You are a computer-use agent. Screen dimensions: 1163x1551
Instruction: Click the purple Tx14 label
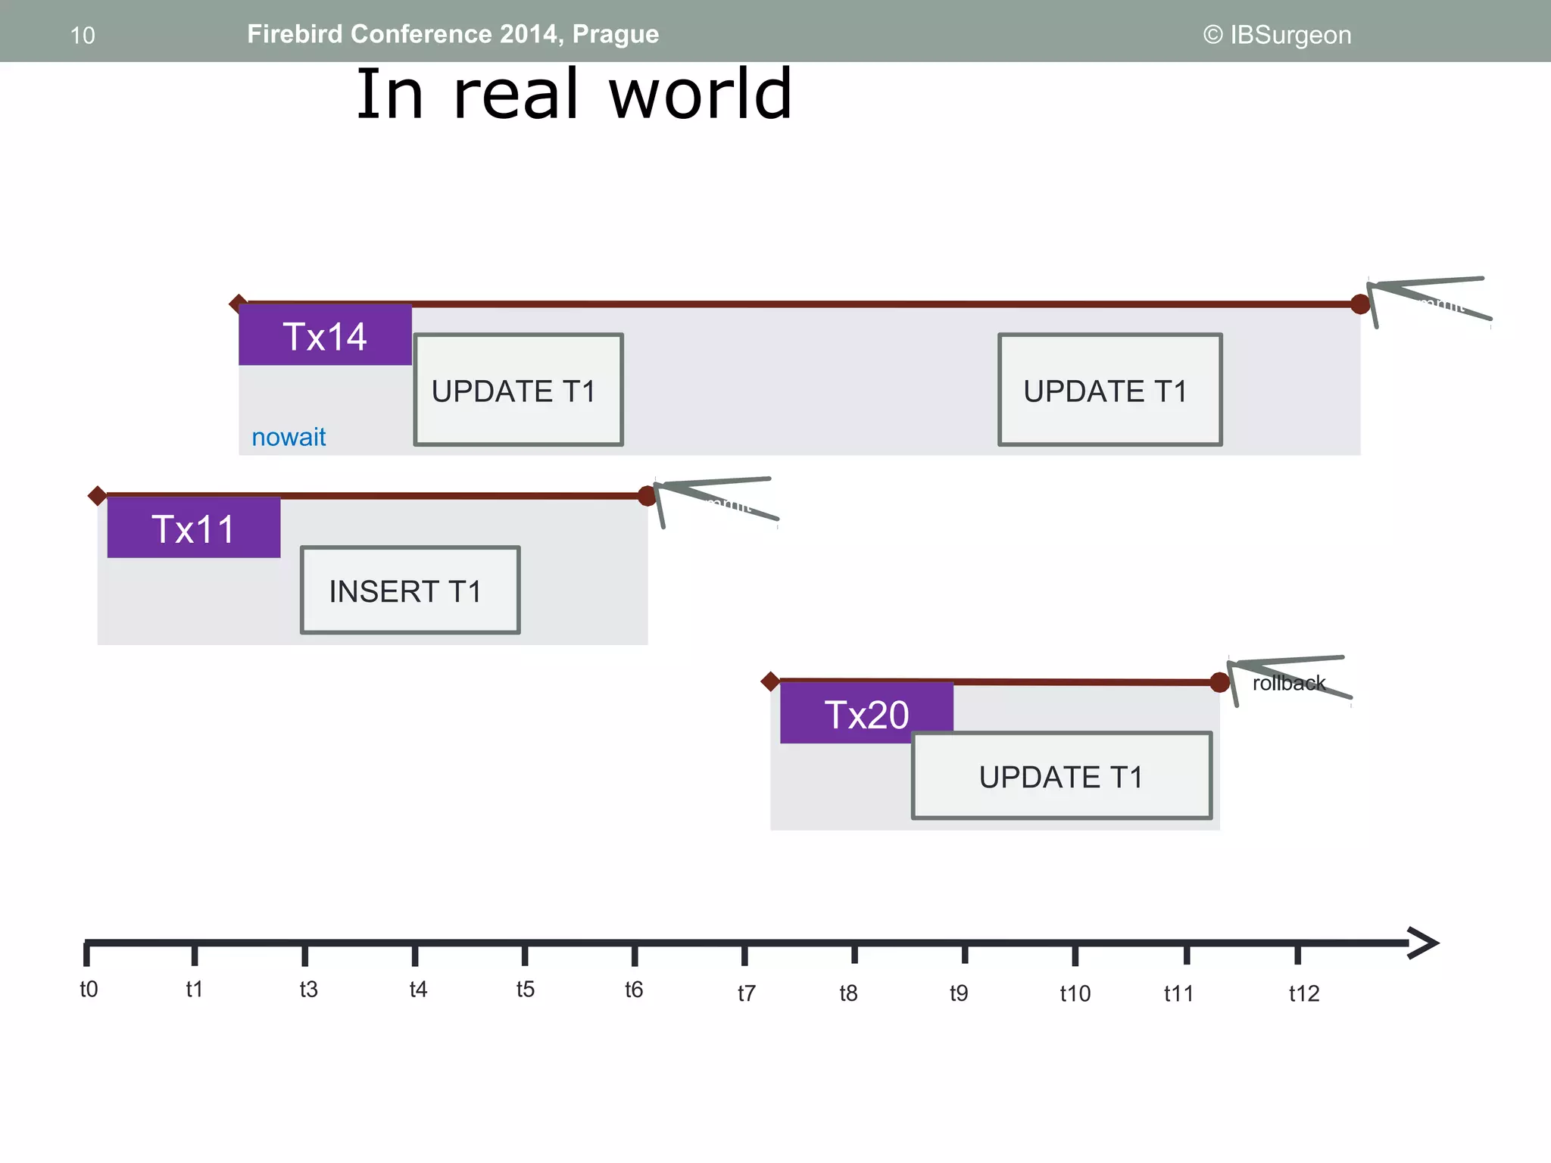tap(325, 335)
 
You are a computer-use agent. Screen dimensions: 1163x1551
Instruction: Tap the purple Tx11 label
tap(194, 528)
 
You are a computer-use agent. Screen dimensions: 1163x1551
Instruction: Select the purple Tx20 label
tap(866, 713)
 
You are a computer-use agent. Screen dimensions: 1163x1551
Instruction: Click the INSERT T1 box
tap(410, 590)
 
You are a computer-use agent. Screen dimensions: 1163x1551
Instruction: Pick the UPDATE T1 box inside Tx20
tap(1061, 776)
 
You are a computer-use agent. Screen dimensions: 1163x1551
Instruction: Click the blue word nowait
tap(289, 437)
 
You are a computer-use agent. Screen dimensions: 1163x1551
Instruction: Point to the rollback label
tap(1288, 683)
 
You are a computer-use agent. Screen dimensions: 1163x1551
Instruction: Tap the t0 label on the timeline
tap(89, 989)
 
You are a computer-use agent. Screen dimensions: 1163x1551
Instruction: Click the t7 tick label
tap(746, 993)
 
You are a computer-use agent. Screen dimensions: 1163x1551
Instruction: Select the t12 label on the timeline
tap(1303, 993)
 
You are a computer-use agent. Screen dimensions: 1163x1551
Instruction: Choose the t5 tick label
tap(525, 989)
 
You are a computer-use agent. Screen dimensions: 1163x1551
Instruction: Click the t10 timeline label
tap(1075, 993)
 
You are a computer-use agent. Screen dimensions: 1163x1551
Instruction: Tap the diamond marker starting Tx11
tap(97, 496)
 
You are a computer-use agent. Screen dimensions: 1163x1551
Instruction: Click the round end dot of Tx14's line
tap(1360, 304)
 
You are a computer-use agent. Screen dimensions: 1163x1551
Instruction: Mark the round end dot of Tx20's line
tap(1219, 682)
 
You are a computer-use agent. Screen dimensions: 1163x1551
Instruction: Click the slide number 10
tap(83, 36)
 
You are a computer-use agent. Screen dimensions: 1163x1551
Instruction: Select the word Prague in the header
tap(615, 34)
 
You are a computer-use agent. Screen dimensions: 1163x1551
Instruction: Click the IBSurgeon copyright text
tap(1277, 35)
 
